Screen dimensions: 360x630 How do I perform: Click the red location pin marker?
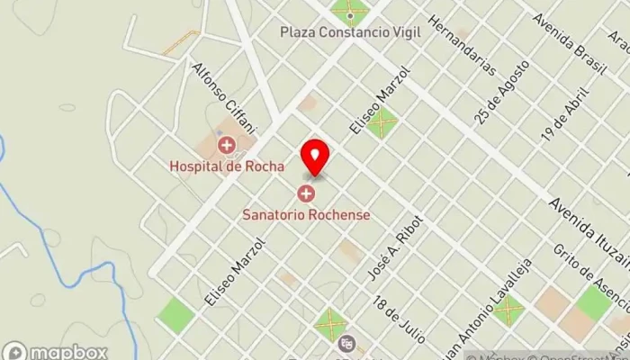click(315, 157)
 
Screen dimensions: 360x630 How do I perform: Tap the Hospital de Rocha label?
click(227, 166)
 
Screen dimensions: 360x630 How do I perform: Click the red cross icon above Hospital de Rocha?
click(227, 144)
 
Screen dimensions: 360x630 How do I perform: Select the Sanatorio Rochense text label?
click(307, 215)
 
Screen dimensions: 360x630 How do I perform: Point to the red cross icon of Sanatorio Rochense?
click(307, 193)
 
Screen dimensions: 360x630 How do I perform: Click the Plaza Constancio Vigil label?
click(350, 31)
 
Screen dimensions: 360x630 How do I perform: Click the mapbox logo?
click(56, 351)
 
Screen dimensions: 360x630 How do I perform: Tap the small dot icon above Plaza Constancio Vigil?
click(350, 15)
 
